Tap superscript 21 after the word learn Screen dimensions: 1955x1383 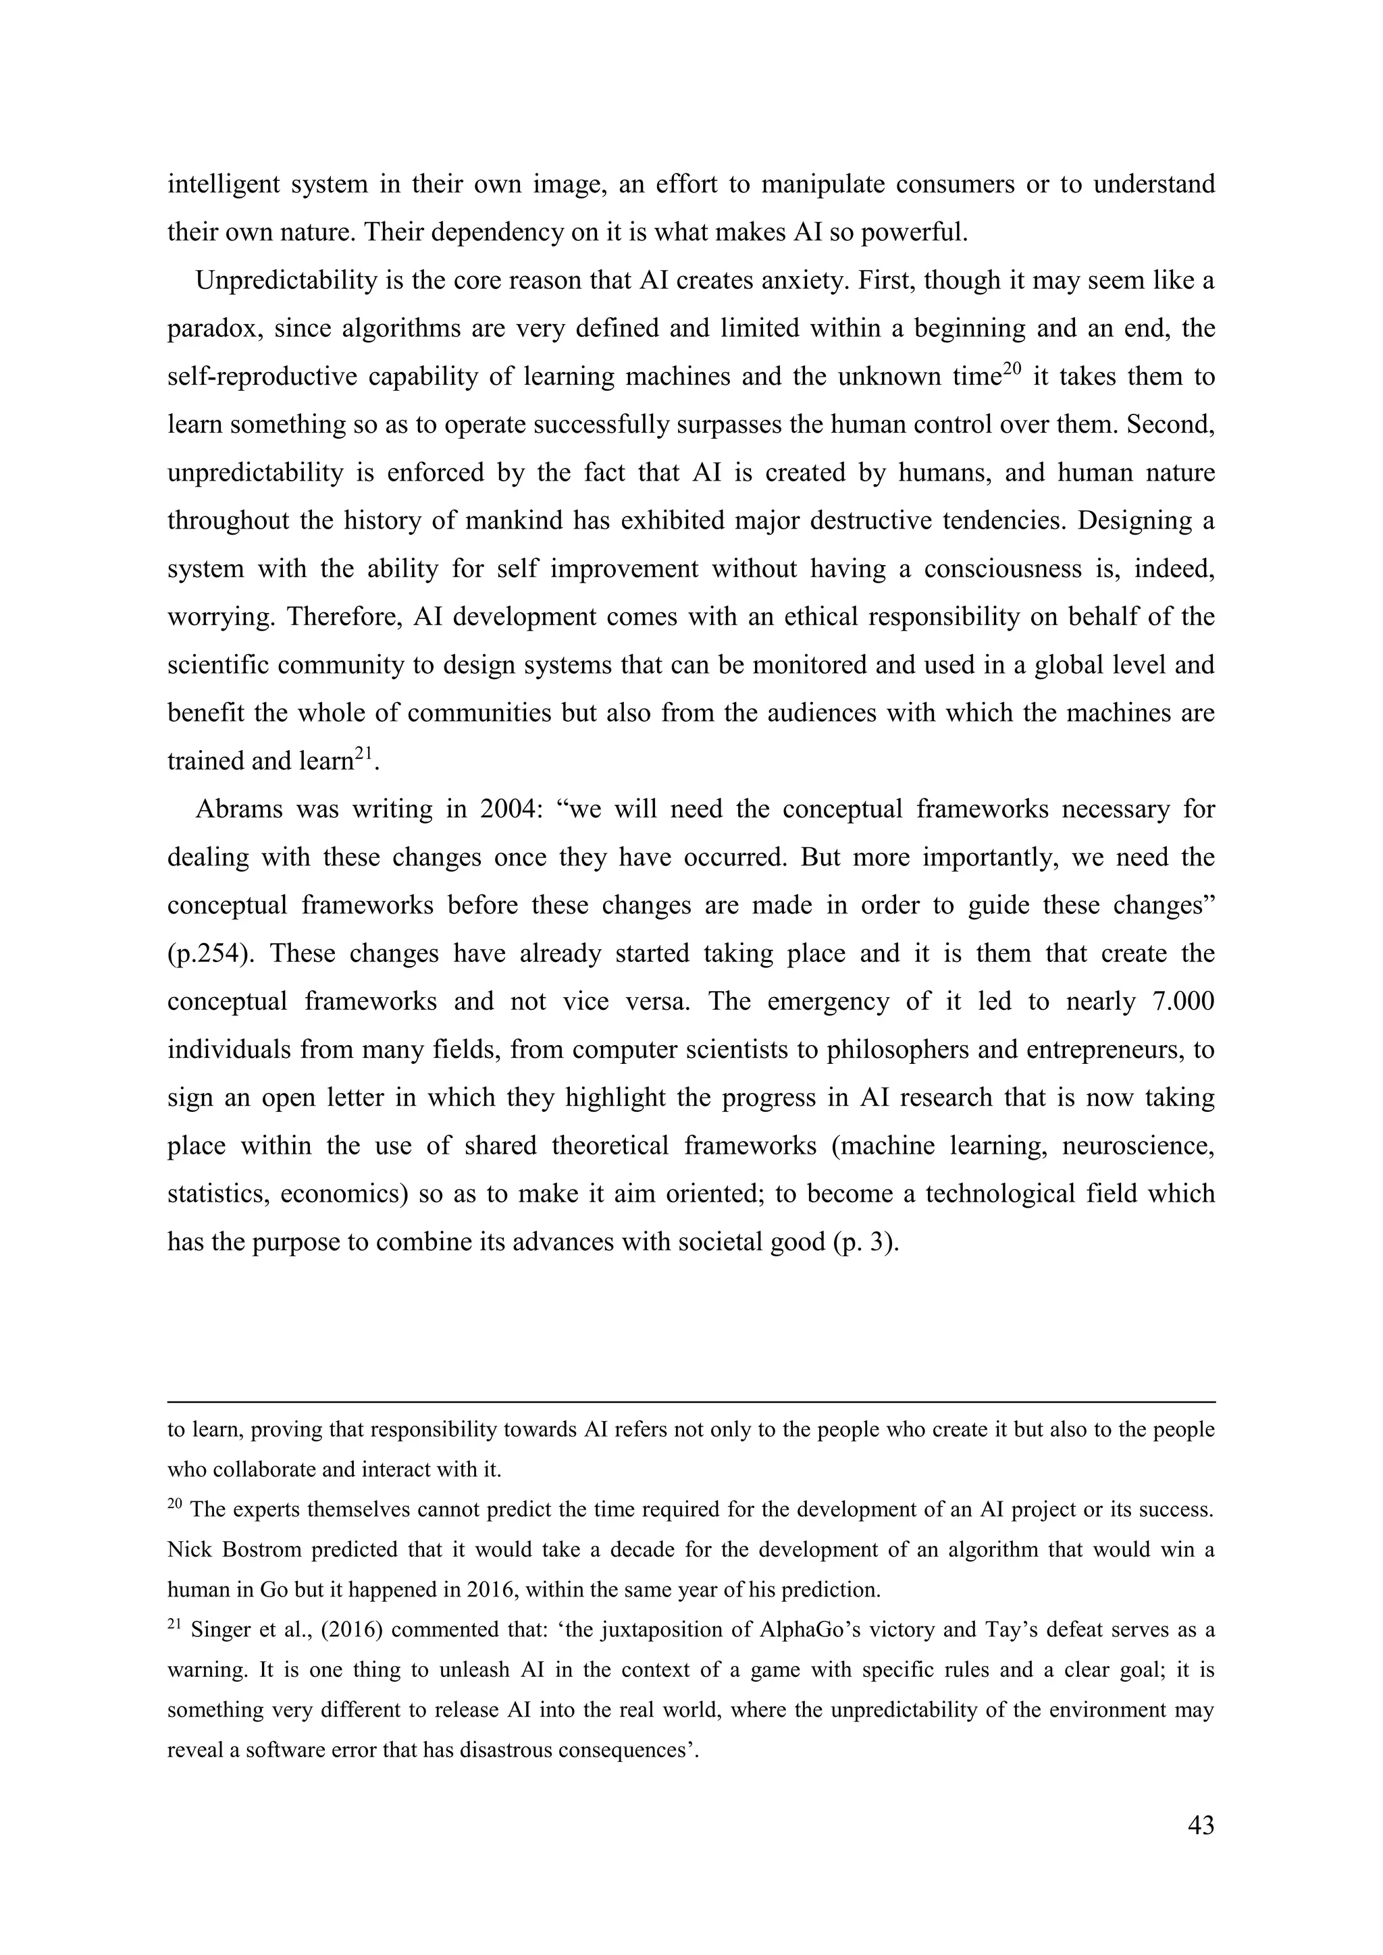365,753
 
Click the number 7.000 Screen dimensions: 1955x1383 1182,1000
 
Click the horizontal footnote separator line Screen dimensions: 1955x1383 691,1401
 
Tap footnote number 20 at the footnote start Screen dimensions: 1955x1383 175,1503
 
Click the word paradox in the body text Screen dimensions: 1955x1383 212,329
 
